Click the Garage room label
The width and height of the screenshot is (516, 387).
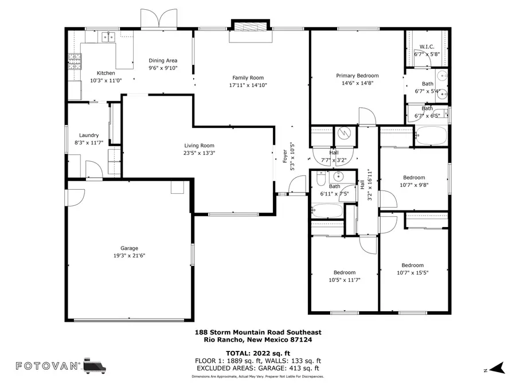(129, 248)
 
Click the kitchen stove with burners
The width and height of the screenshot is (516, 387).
(74, 61)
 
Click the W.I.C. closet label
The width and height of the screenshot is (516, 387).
(428, 46)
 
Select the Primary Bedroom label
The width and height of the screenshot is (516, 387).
(357, 76)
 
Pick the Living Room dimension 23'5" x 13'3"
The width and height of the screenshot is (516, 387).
(199, 153)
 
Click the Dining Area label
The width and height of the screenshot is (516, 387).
(163, 60)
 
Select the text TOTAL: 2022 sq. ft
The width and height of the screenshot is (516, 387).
(258, 353)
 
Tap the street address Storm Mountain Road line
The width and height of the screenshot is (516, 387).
(258, 332)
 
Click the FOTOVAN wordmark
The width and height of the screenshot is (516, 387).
(46, 366)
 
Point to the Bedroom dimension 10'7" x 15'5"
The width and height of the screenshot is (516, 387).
(412, 273)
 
